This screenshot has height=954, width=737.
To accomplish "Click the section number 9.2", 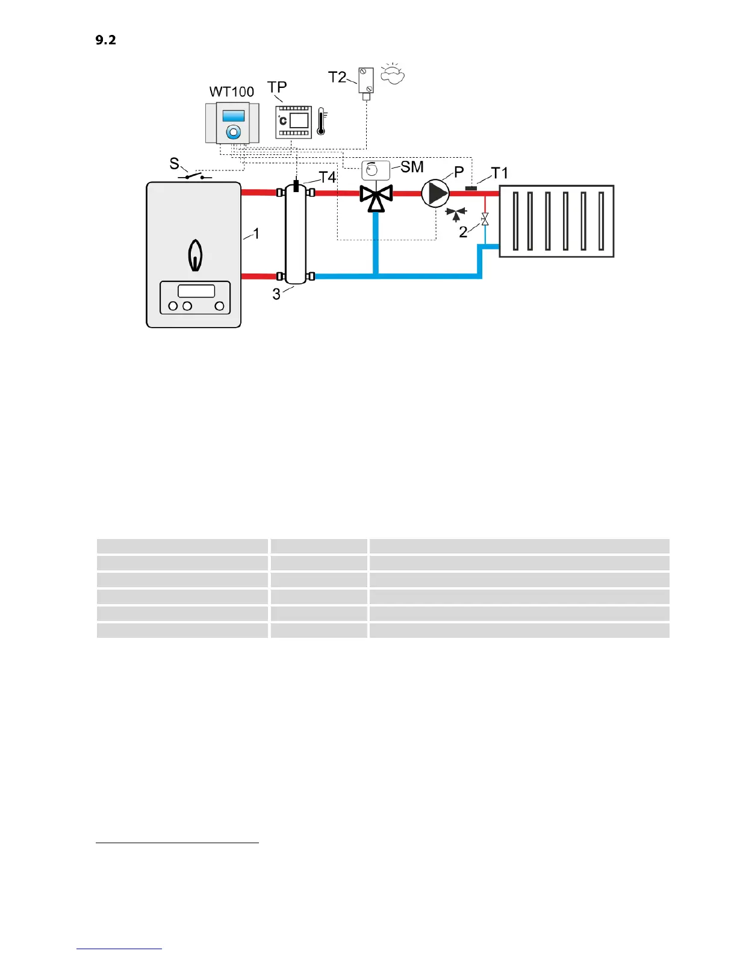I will click(x=105, y=40).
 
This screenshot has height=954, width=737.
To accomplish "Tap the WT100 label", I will click(x=232, y=92).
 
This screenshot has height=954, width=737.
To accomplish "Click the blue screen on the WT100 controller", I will click(x=233, y=116).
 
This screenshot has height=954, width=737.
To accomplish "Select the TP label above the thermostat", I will click(x=277, y=87).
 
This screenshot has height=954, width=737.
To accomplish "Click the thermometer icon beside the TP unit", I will click(x=322, y=121).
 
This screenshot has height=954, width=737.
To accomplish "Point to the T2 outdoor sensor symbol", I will click(x=365, y=81).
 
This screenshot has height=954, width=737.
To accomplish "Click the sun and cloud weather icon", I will click(x=393, y=74).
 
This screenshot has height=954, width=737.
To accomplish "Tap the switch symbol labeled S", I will click(x=194, y=175).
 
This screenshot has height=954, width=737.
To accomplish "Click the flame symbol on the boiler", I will click(x=194, y=256).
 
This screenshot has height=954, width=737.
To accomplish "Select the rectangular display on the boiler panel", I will click(x=196, y=291).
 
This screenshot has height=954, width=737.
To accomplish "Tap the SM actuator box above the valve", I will click(x=376, y=170).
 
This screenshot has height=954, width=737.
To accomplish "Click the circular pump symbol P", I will click(x=435, y=193).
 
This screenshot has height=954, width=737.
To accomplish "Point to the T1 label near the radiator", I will click(x=500, y=173).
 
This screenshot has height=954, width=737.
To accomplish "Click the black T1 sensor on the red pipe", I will click(x=471, y=188).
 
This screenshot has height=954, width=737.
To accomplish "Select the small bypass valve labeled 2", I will click(x=485, y=219).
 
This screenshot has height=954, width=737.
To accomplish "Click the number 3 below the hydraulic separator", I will click(x=276, y=295).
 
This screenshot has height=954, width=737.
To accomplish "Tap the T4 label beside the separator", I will click(x=327, y=177).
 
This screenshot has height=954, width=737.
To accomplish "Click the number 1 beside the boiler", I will click(x=257, y=234).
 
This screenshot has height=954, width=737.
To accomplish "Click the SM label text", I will click(x=412, y=167).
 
